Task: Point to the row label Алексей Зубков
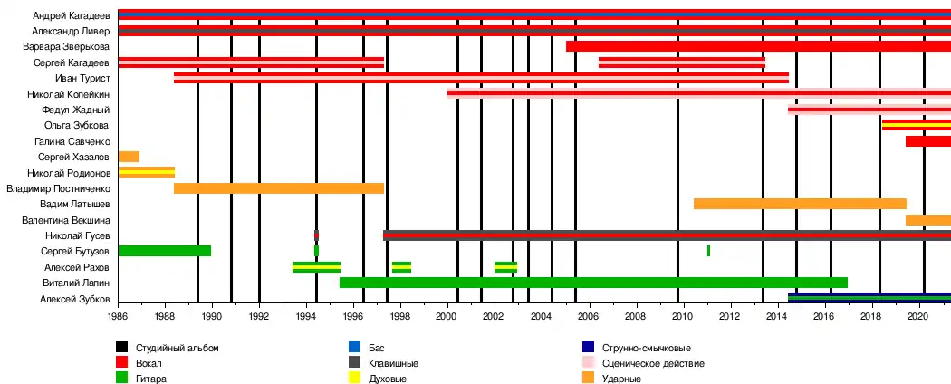click(x=74, y=299)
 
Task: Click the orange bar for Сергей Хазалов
click(x=129, y=157)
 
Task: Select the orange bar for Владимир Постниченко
click(x=279, y=188)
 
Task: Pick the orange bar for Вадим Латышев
click(x=800, y=204)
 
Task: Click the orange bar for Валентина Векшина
click(x=927, y=220)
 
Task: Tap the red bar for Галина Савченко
click(x=927, y=141)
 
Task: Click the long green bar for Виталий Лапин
click(x=593, y=283)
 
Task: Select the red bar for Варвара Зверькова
click(x=758, y=46)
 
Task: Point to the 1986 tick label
click(x=118, y=318)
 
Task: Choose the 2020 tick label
click(x=918, y=318)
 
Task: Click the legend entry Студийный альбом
click(x=177, y=347)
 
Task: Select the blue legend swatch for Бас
click(x=354, y=347)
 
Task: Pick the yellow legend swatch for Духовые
click(x=354, y=379)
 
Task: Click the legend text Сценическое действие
click(x=652, y=363)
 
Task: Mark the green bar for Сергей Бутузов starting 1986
click(x=164, y=251)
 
